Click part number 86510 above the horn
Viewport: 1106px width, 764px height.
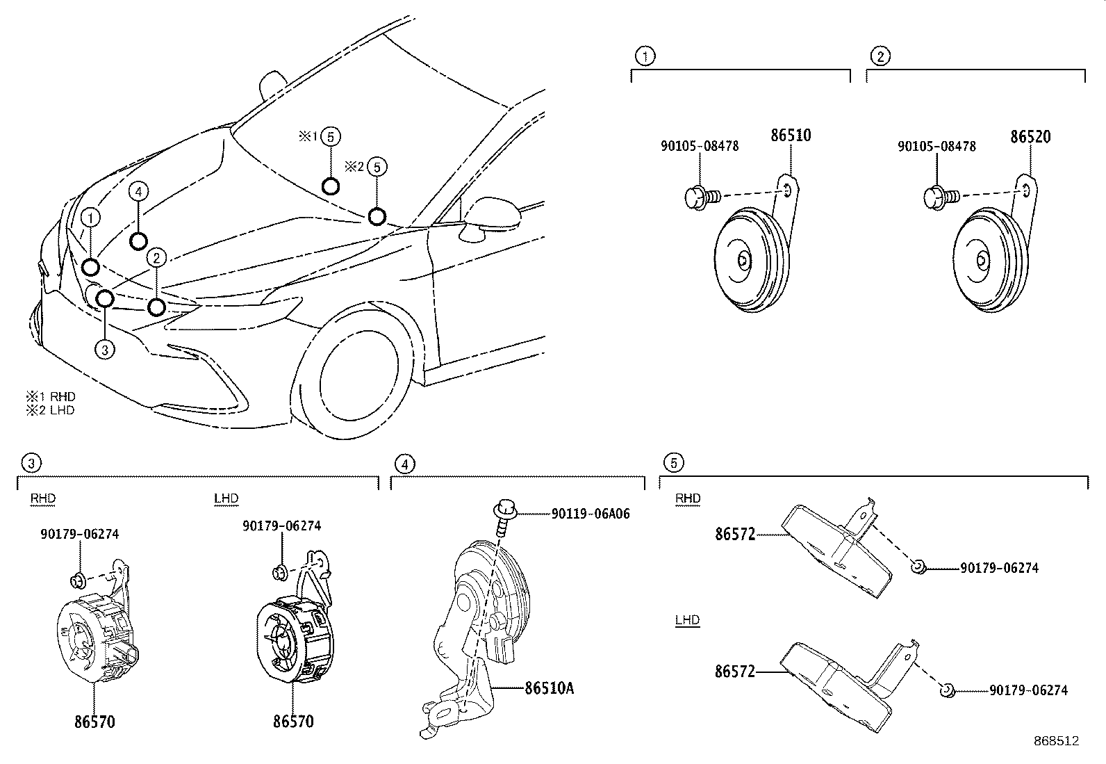[x=790, y=136]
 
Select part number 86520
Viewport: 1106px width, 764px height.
[x=1030, y=137]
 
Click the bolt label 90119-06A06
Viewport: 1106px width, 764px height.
[x=591, y=514]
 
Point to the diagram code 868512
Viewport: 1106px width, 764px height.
[x=1055, y=741]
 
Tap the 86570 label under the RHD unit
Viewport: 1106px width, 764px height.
[x=94, y=722]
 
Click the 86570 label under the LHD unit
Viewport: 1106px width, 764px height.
[x=292, y=722]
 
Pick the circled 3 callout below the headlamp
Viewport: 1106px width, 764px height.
[x=104, y=349]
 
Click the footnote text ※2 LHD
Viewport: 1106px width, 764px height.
[x=50, y=409]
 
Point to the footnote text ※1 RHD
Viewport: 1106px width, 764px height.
[x=50, y=396]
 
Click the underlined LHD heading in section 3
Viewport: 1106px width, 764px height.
[x=226, y=498]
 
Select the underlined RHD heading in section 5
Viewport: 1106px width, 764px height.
[x=687, y=498]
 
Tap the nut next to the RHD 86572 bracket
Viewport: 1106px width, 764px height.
[x=918, y=567]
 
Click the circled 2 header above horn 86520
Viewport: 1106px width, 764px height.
[x=880, y=56]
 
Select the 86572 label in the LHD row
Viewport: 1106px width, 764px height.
[x=734, y=672]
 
